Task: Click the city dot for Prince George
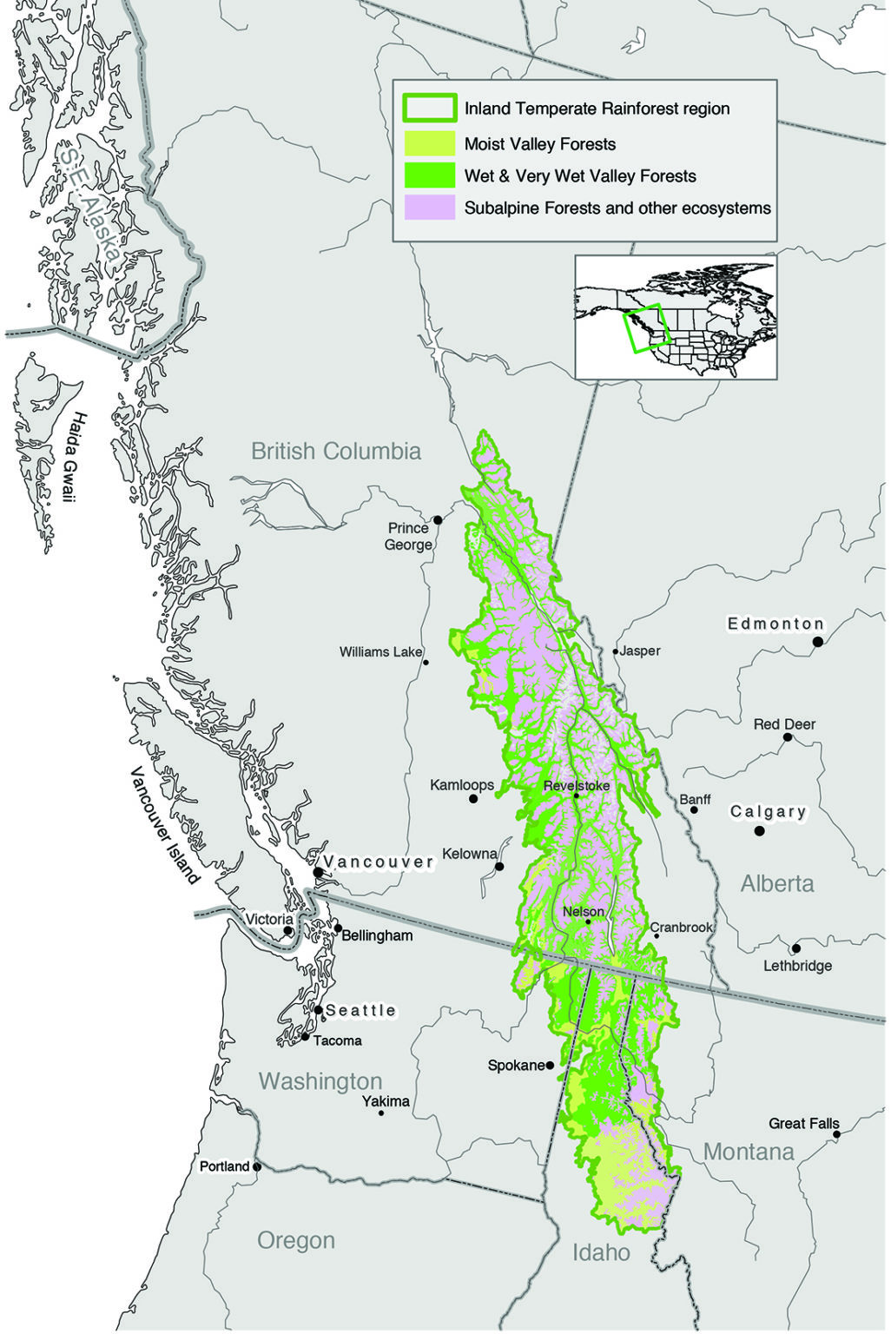(x=439, y=520)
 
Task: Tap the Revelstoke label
(x=576, y=785)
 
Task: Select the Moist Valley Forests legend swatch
(x=428, y=143)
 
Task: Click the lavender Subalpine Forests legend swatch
(x=428, y=208)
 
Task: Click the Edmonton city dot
(x=817, y=642)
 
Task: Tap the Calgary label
(x=768, y=811)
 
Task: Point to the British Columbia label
(x=336, y=451)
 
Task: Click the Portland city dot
(x=257, y=1166)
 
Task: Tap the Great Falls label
(x=803, y=1123)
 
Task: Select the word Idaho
(x=601, y=1251)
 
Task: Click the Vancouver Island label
(x=165, y=824)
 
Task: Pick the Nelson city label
(x=583, y=911)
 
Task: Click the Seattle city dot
(x=319, y=1010)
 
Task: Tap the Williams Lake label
(x=380, y=651)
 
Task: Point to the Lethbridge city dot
(x=796, y=948)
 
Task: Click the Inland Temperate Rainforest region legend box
(x=428, y=109)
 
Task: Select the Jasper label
(x=640, y=650)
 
